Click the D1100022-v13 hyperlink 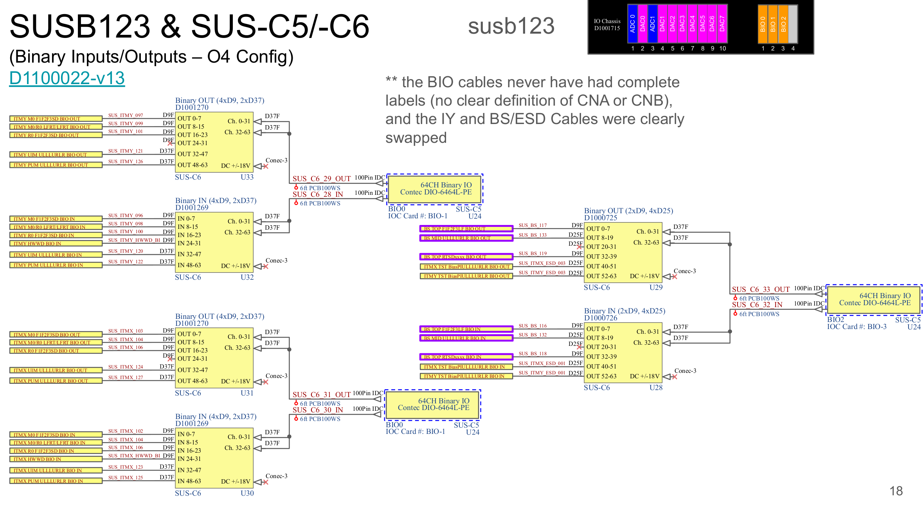point(67,78)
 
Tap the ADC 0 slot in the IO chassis point(632,23)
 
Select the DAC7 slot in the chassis point(722,23)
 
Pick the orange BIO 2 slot point(783,24)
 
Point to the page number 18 point(896,491)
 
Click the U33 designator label point(247,177)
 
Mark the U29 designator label point(656,288)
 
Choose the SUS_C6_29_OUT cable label point(322,179)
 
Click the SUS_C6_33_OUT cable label point(761,290)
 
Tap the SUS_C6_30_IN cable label point(318,410)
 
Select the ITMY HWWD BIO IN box point(56,244)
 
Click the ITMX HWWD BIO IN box point(56,459)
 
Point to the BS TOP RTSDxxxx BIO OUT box point(466,257)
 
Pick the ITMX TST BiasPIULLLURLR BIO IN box point(466,367)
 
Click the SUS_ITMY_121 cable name point(126,151)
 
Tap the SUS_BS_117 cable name point(533,225)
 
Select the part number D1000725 point(601,218)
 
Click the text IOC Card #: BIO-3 point(856,327)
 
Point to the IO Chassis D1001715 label point(607,25)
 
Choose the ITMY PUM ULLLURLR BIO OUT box point(56,165)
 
